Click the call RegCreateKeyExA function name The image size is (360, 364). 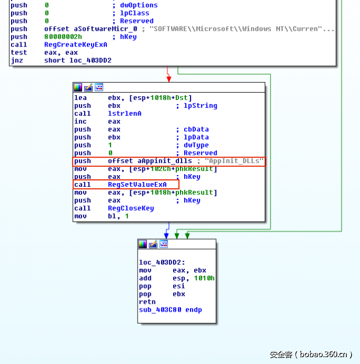76,45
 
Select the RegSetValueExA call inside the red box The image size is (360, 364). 137,185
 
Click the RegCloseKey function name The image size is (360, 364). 131,208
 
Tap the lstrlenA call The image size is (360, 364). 125,114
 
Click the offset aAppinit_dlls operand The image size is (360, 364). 150,161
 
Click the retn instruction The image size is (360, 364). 147,302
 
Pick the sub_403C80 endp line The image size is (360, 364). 170,310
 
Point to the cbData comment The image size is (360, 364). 196,130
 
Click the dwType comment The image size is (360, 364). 196,145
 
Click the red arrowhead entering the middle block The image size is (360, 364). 169,79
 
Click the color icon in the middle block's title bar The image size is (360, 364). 78,87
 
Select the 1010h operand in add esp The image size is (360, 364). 204,278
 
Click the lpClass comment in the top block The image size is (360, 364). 134,13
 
